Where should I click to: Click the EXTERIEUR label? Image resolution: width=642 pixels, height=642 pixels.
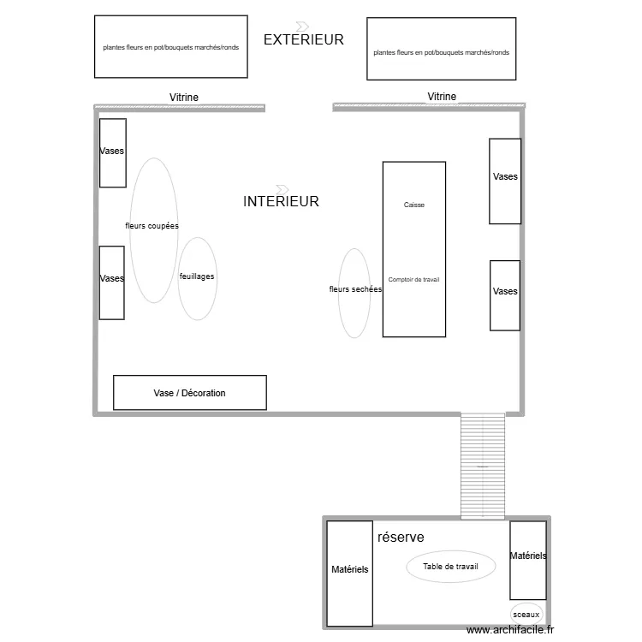[x=304, y=39]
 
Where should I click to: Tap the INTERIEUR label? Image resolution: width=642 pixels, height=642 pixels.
[x=281, y=202]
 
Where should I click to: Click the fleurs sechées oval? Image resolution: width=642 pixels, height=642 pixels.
[x=354, y=294]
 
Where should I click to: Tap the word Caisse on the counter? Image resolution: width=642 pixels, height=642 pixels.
[x=413, y=205]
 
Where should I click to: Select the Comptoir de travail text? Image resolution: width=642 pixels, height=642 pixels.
[x=413, y=280]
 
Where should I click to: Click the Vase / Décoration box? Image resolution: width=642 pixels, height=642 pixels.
[x=190, y=393]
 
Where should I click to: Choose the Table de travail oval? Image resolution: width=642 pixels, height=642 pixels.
[x=451, y=567]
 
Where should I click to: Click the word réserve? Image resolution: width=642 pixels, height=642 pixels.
[x=401, y=537]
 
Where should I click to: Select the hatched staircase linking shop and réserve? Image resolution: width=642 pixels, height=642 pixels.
[x=483, y=466]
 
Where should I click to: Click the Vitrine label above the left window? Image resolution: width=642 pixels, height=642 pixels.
[x=184, y=98]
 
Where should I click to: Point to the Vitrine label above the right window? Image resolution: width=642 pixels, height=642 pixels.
[x=442, y=97]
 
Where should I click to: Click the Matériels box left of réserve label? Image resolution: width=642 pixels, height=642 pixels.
[x=350, y=574]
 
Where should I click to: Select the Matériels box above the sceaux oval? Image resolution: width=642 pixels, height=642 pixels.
[x=528, y=560]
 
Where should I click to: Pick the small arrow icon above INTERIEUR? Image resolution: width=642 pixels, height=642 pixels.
[x=282, y=188]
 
